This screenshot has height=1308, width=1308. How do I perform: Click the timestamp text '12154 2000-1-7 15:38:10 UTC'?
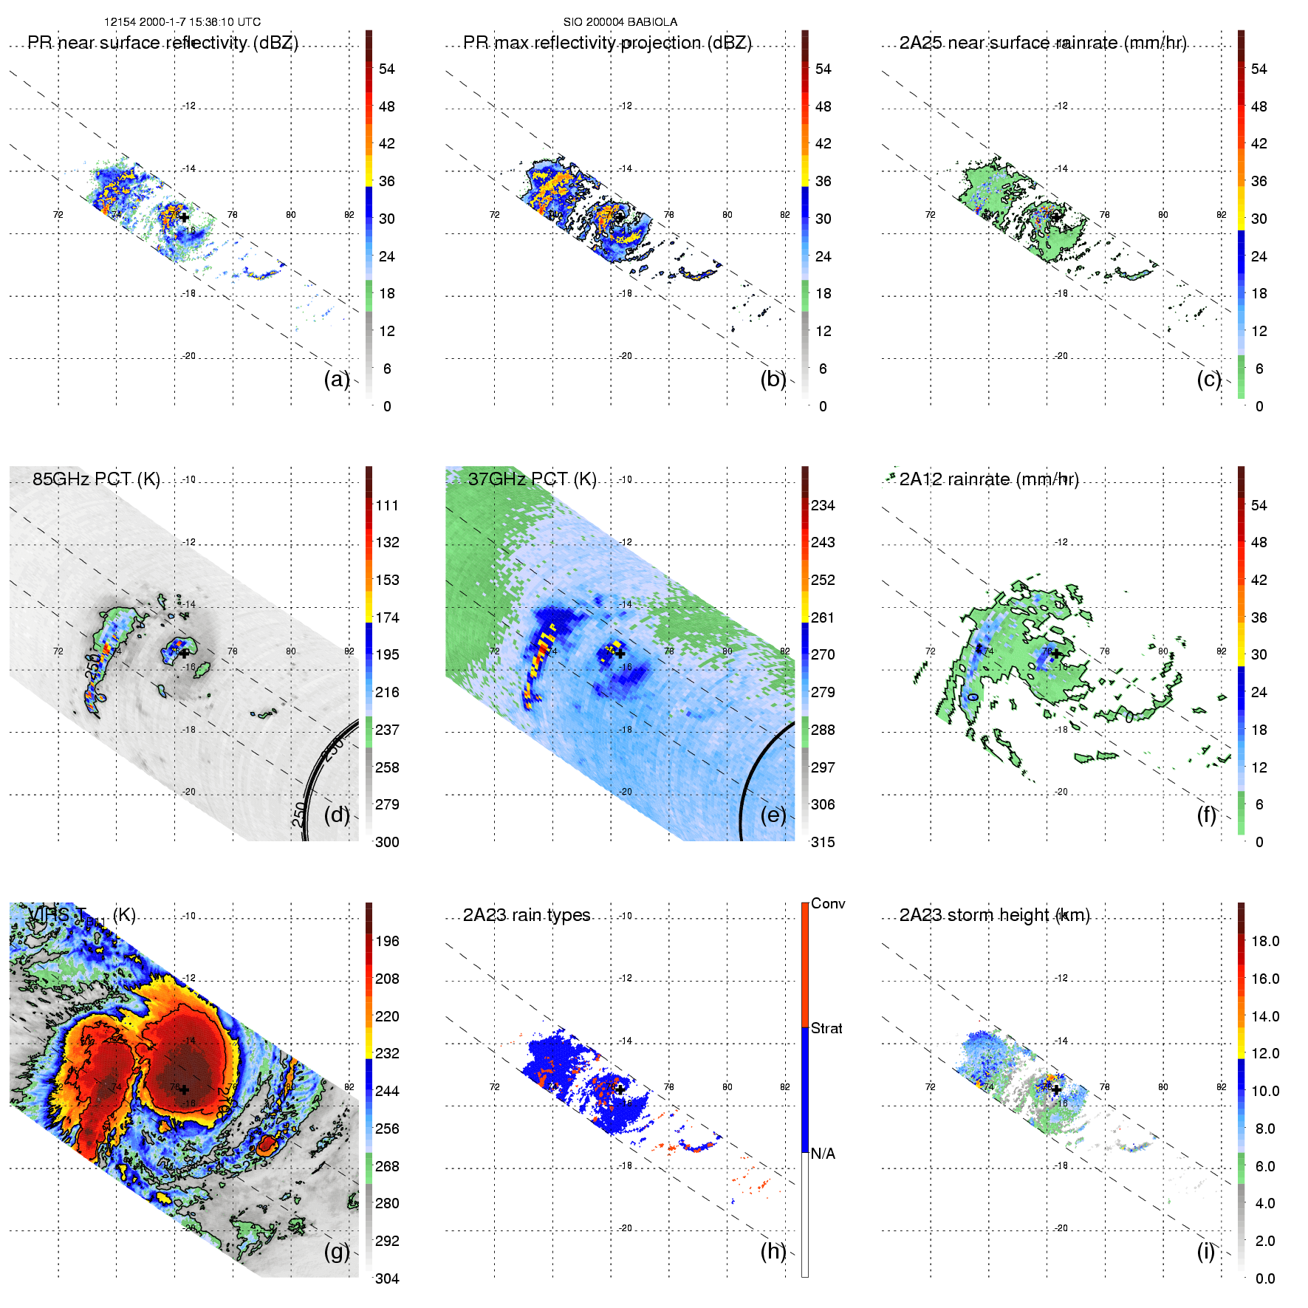point(182,22)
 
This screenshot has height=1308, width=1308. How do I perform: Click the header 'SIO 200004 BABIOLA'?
point(620,22)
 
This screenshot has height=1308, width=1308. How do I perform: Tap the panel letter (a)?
point(337,380)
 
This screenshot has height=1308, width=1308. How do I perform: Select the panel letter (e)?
point(773,815)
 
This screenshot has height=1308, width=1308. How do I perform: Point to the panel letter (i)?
point(1206,1251)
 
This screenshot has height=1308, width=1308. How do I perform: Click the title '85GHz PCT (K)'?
point(96,479)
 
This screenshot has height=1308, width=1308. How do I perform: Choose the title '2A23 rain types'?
point(527,915)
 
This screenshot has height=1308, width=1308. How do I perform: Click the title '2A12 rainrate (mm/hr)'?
point(989,479)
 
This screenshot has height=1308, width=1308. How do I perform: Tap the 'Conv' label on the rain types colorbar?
point(828,903)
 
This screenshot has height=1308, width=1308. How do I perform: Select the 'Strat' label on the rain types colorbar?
point(826,1028)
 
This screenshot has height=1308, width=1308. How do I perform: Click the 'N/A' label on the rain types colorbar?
point(823,1154)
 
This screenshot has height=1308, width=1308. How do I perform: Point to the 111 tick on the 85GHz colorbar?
point(387,505)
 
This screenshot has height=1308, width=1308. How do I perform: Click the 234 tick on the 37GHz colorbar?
point(823,505)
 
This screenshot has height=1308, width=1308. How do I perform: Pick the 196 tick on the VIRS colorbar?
point(387,941)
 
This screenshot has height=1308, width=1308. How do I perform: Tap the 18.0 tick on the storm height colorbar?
point(1264,941)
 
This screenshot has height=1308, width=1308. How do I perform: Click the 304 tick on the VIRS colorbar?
point(387,1278)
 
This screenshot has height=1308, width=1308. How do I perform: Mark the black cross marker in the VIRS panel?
point(184,1089)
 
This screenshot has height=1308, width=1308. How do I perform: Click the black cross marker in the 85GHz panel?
point(184,653)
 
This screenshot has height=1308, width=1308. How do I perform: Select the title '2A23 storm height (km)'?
point(994,915)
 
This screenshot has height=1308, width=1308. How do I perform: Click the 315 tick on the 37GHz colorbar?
point(823,842)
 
